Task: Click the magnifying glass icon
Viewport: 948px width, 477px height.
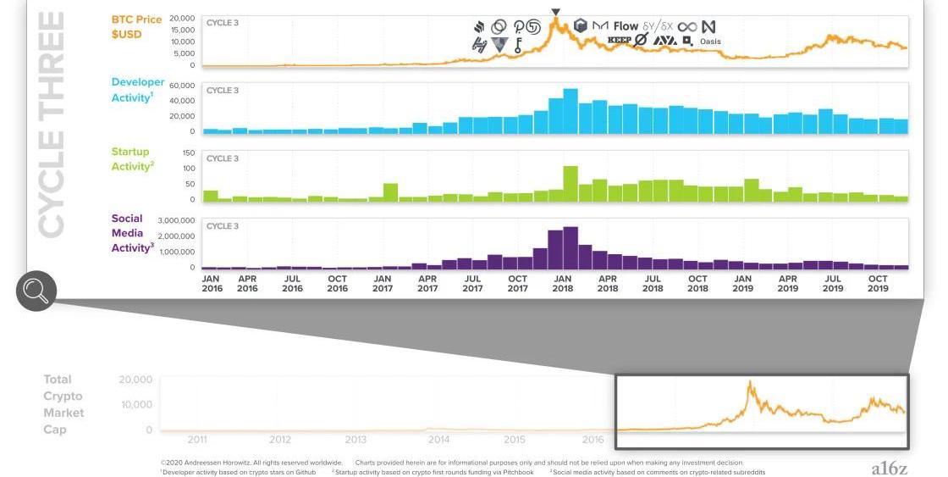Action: tap(36, 292)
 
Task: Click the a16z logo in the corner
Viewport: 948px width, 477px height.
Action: tap(889, 468)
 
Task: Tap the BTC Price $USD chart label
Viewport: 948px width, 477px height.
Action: tap(138, 26)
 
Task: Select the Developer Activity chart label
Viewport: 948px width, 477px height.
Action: tap(138, 90)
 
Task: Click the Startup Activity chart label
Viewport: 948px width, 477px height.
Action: tap(132, 159)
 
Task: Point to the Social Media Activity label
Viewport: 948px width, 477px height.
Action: tap(132, 233)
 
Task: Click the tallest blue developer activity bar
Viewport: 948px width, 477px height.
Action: tap(570, 111)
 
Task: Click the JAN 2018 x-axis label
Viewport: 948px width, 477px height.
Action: tap(563, 284)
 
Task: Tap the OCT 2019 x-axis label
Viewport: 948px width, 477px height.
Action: tap(878, 284)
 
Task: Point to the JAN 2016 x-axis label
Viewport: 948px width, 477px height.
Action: tap(211, 284)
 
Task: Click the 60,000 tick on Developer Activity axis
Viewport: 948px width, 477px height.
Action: tap(182, 86)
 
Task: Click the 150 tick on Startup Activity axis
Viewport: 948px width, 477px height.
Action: tap(188, 153)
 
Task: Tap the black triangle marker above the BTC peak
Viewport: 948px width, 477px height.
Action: tap(555, 13)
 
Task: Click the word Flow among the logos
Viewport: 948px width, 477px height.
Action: tap(626, 26)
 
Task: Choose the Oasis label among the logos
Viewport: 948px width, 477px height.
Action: tap(709, 42)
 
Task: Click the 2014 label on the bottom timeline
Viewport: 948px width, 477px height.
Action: tap(438, 440)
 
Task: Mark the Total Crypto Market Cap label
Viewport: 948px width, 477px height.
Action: tap(64, 404)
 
